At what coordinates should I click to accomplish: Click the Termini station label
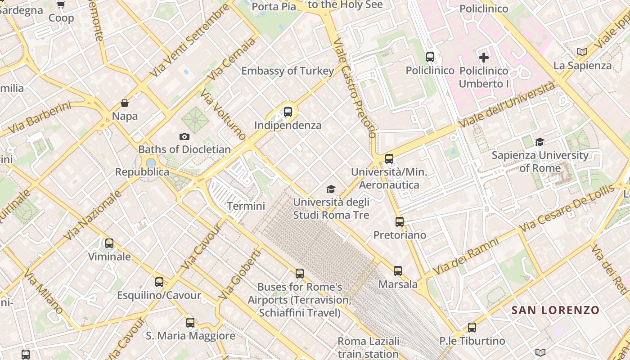[x=246, y=206]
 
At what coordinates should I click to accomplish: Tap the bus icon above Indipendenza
[x=288, y=112]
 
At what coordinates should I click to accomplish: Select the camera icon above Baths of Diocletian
[x=184, y=136]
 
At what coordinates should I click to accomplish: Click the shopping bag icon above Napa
[x=125, y=103]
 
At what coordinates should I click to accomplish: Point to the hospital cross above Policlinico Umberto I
[x=484, y=58]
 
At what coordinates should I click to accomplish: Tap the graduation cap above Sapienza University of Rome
[x=540, y=142]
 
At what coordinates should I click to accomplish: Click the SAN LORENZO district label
[x=555, y=310]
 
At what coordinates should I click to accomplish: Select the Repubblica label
[x=142, y=172]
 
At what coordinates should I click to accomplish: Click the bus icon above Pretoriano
[x=400, y=221]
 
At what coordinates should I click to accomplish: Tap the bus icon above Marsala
[x=398, y=271]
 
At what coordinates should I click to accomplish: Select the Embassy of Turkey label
[x=288, y=71]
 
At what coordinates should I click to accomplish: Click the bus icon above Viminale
[x=109, y=243]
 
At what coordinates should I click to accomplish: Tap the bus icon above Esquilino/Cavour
[x=159, y=282]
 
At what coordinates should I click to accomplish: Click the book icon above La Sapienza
[x=582, y=52]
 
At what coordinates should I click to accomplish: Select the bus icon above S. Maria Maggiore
[x=190, y=323]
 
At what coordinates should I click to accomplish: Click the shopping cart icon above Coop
[x=61, y=5]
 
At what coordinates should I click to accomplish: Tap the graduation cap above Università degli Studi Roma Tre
[x=331, y=189]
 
